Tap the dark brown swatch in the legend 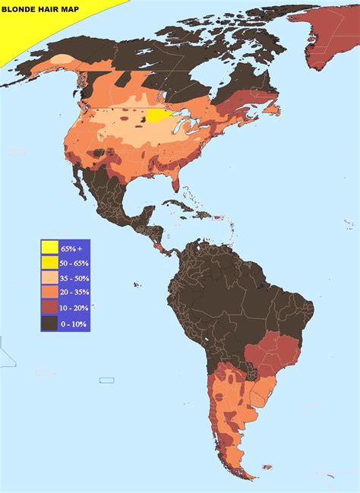pos(50,324)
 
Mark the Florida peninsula pos(175,182)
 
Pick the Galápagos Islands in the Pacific pos(136,285)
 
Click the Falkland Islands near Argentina pos(267,467)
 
